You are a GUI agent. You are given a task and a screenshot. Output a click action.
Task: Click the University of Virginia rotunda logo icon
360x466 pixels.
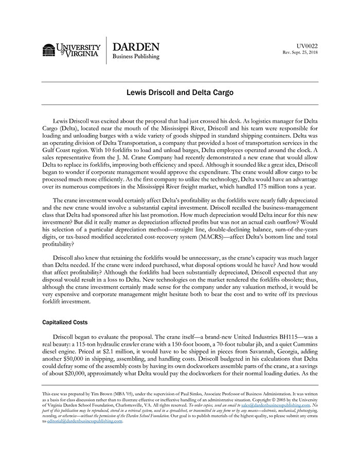click(x=49, y=50)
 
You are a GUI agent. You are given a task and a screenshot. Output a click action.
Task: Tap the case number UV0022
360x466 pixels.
click(x=308, y=46)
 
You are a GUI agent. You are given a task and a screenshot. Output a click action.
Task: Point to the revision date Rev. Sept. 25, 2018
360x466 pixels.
click(x=300, y=53)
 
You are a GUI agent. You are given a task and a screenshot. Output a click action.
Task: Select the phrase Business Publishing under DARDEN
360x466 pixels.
click(x=136, y=57)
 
